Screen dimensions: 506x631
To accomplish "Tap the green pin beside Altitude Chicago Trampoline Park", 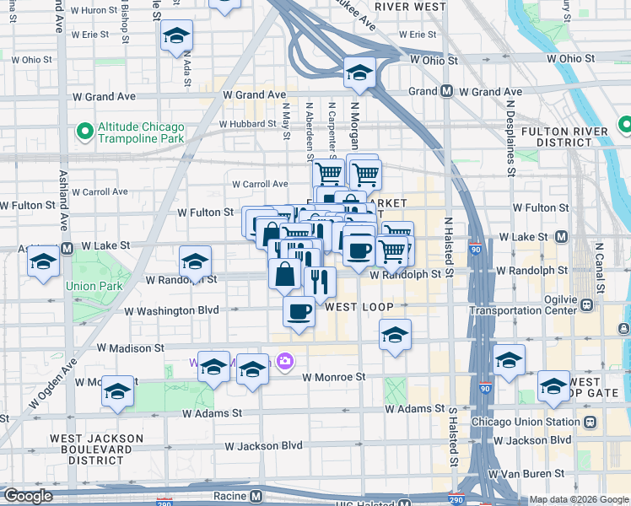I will tap(84, 132).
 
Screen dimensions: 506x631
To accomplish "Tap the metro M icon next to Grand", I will tap(446, 91).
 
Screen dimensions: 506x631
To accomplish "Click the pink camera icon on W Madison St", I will tap(285, 361).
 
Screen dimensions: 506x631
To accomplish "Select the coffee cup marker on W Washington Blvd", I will tap(299, 313).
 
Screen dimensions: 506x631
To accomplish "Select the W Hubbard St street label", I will tap(247, 124).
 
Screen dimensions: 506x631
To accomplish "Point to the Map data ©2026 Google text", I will tap(578, 499).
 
